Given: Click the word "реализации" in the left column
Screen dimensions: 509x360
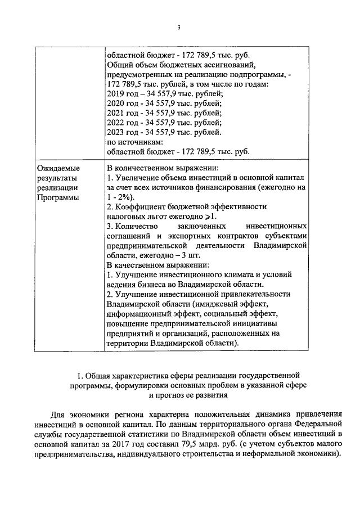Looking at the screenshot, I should click(55, 187).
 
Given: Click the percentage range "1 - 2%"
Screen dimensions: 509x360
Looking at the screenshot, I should click(118, 197).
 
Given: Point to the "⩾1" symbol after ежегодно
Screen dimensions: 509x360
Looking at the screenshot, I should click(211, 217).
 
